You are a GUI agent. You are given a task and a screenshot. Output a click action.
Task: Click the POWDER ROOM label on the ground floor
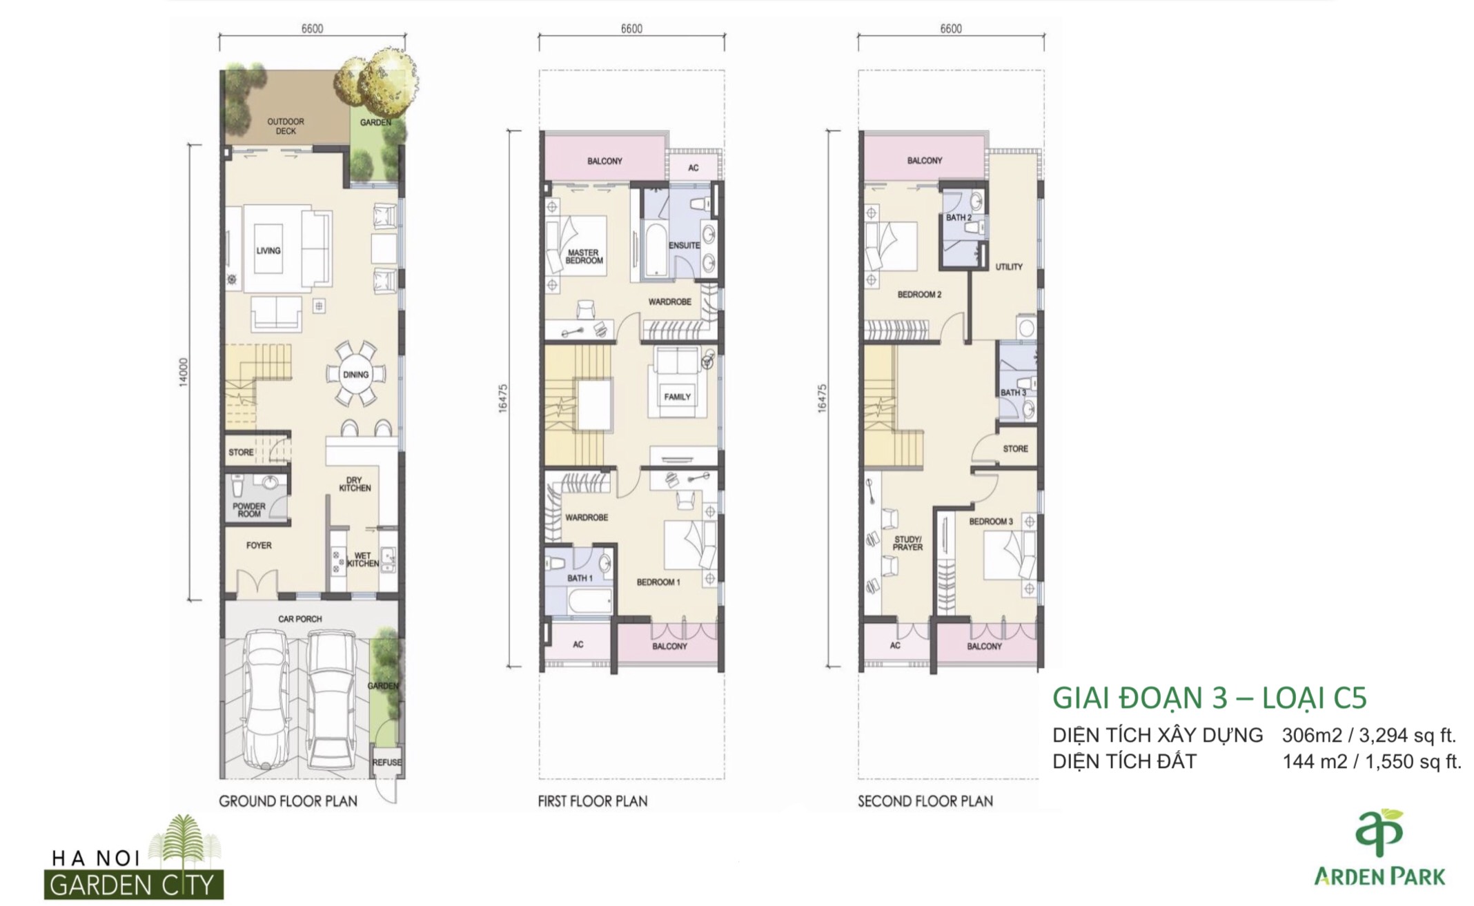249,510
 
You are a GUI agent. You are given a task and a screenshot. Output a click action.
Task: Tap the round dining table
355,375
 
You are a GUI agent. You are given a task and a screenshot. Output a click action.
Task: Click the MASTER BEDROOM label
584,257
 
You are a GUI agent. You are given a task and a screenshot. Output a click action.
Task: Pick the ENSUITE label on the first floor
684,246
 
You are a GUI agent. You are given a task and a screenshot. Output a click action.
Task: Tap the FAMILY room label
677,397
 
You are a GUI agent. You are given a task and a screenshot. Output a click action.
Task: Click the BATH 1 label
580,578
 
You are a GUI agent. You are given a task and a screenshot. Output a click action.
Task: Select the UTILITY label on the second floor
1009,266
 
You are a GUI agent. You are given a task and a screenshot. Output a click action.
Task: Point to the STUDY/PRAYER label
907,543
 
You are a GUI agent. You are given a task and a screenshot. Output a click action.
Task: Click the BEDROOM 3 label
991,522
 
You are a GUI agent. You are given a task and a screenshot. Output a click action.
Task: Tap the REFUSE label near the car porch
386,762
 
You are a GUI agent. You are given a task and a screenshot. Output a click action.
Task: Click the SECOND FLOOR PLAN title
925,801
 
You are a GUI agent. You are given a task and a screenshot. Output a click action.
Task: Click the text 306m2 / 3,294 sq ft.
1369,736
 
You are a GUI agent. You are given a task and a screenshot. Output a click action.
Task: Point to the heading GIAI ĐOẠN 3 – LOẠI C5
1209,698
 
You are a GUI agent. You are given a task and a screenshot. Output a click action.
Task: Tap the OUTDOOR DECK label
286,126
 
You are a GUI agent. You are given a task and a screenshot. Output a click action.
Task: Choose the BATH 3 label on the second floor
1013,393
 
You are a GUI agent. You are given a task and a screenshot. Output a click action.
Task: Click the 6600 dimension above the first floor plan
631,29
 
